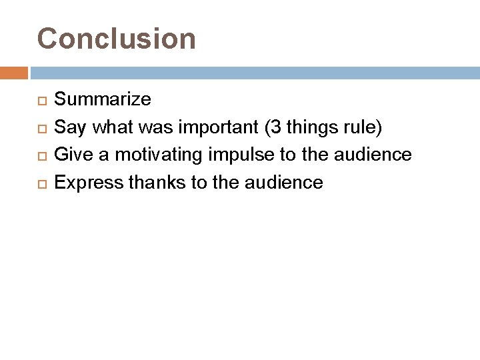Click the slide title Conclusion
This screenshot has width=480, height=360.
pos(117,39)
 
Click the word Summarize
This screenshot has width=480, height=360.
pos(102,100)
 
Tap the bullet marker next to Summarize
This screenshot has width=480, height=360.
pos(39,101)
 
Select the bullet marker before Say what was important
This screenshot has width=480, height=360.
pos(39,128)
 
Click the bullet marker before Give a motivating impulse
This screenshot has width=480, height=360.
pos(39,155)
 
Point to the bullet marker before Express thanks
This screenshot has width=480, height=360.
pos(39,183)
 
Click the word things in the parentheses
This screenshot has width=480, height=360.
pos(316,127)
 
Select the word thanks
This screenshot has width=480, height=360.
pos(153,182)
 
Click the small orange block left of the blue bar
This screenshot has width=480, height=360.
pos(14,72)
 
